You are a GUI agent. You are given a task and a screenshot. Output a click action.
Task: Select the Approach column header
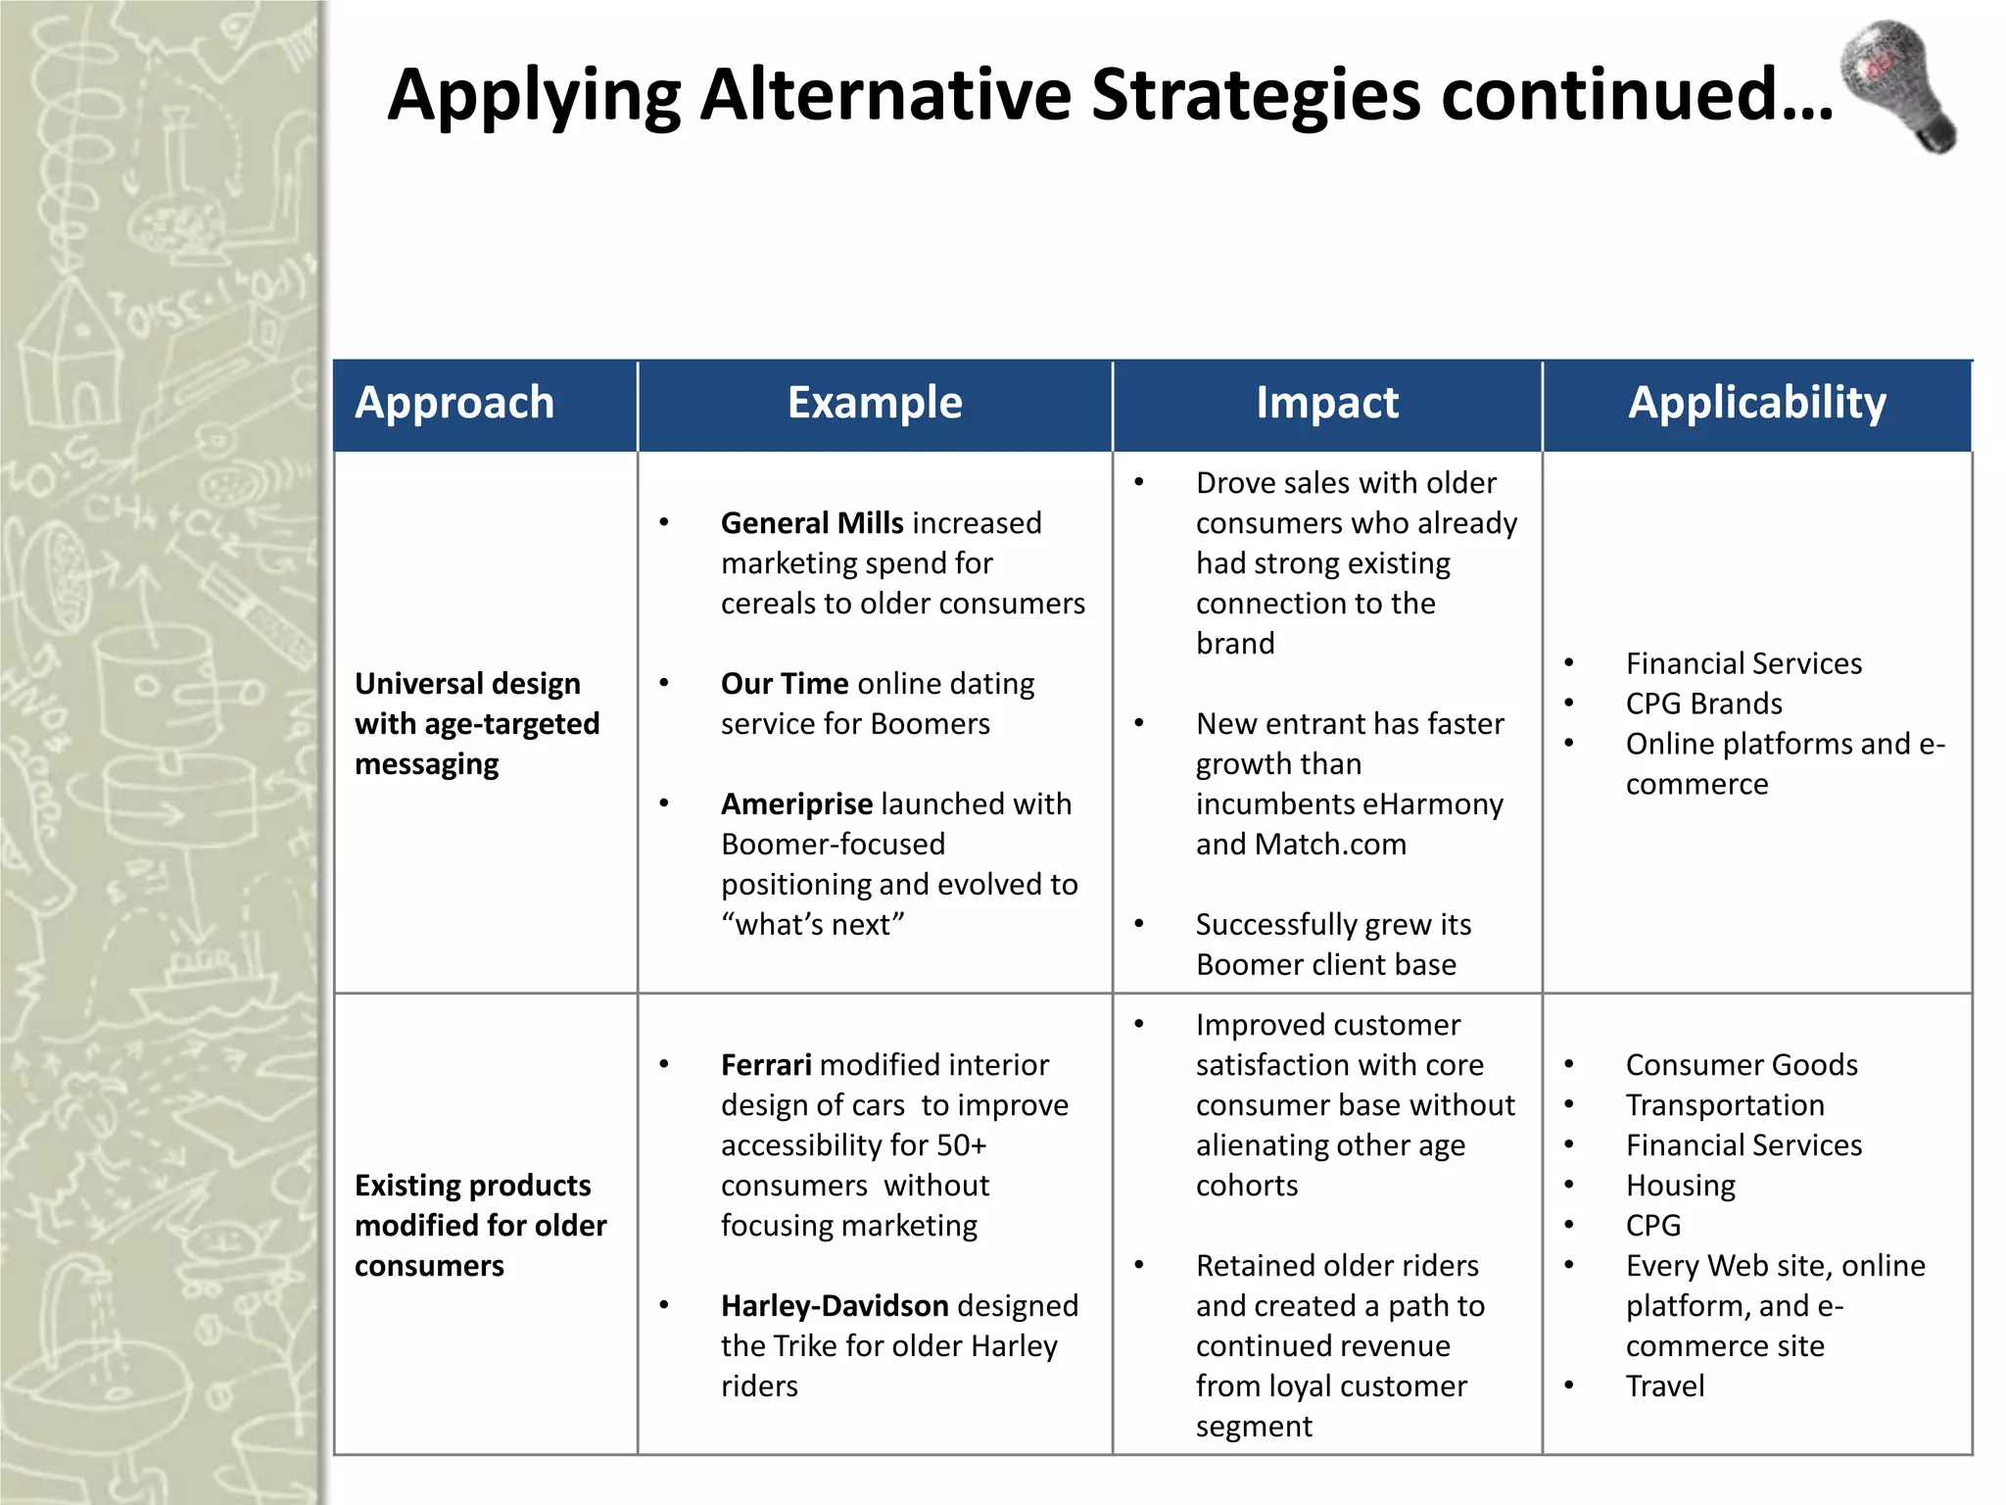(454, 403)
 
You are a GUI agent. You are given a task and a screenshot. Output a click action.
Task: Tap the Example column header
(875, 403)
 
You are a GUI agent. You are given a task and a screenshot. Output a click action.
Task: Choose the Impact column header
(1327, 403)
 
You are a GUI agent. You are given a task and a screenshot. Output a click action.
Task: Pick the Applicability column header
(1757, 403)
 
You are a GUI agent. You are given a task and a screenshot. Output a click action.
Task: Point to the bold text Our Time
(785, 683)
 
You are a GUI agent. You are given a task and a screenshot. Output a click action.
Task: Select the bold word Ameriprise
(796, 803)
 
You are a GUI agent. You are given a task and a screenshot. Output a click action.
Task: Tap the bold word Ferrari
(766, 1064)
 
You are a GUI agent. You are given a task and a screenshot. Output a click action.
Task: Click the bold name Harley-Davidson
(835, 1305)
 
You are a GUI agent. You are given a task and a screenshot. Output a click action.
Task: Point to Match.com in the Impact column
(1330, 844)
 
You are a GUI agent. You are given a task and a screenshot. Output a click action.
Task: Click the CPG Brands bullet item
(1703, 704)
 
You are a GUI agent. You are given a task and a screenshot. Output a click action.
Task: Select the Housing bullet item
(1680, 1185)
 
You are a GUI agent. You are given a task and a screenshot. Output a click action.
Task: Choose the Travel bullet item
(1665, 1385)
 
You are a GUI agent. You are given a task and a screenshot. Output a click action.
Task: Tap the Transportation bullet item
(1725, 1104)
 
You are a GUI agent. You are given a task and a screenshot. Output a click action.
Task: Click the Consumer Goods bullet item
(1742, 1064)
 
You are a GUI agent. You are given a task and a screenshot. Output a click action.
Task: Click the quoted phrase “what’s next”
(812, 924)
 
